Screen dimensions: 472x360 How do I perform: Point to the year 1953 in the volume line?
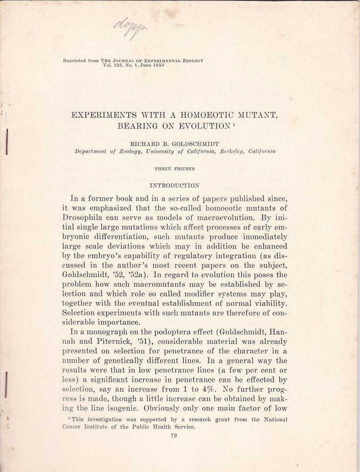[x=157, y=65]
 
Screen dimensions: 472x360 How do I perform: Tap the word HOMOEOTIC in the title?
[x=196, y=115]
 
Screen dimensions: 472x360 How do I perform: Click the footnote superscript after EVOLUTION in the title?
[x=233, y=123]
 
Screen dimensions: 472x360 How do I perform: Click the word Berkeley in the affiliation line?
[x=233, y=151]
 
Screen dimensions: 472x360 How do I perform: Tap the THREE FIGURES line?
[x=174, y=169]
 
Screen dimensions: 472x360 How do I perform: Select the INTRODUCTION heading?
[x=174, y=185]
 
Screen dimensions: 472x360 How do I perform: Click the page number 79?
[x=174, y=436]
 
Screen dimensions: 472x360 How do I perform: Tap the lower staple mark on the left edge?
[x=6, y=384]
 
